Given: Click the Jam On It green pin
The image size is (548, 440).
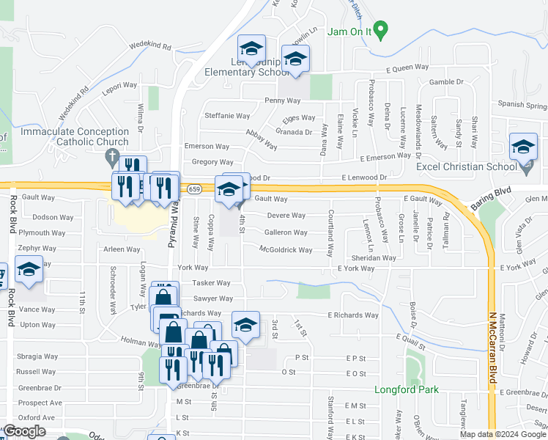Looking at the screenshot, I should [379, 31].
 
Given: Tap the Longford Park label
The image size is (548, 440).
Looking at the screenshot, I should [407, 389].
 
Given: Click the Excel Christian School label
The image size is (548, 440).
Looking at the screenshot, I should [467, 166].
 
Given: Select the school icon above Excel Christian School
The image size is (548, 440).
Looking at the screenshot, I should [524, 149].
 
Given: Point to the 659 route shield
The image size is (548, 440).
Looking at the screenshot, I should [194, 189].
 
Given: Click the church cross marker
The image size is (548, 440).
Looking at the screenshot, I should [111, 155].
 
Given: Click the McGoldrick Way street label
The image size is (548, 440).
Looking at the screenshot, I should [286, 250].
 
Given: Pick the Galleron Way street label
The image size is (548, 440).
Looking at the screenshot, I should [285, 232].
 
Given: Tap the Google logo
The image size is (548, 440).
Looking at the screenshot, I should [25, 430].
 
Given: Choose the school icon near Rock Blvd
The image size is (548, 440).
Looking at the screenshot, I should [29, 271].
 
